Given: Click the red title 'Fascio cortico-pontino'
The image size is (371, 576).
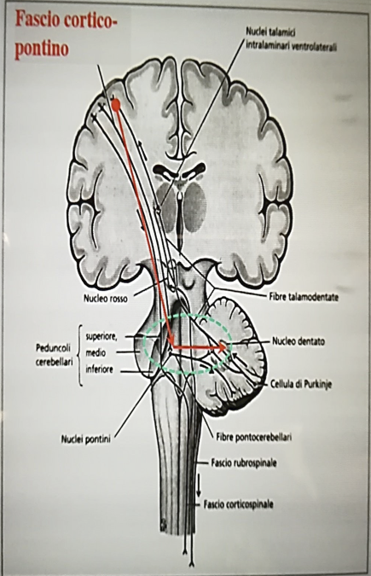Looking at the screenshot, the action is click(x=66, y=35).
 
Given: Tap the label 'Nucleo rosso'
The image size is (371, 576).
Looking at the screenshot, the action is click(x=106, y=299).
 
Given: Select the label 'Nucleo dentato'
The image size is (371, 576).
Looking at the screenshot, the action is click(x=299, y=341).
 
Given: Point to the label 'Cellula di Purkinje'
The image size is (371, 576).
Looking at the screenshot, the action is click(x=301, y=385).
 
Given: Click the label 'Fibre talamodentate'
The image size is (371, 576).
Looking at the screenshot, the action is click(x=304, y=297).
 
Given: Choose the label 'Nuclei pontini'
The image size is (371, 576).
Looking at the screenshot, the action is click(x=86, y=439).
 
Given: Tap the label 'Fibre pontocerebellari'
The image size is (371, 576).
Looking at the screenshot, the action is click(x=254, y=437).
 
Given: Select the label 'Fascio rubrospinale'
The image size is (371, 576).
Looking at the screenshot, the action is click(x=244, y=463).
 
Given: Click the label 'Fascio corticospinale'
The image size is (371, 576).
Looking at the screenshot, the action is click(x=239, y=504).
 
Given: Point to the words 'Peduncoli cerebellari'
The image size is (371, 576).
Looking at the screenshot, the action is click(x=54, y=354).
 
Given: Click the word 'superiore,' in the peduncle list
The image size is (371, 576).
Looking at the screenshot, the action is click(x=101, y=337).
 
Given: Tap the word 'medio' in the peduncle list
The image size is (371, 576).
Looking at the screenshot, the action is click(x=96, y=352).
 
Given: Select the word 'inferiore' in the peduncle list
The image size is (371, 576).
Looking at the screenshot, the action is click(x=100, y=369).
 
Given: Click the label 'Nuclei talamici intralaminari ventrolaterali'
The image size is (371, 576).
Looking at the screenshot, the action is click(x=291, y=39).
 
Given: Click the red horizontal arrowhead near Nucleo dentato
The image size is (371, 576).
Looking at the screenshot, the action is click(x=222, y=346).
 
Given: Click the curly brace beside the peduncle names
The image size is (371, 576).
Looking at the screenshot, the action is click(x=79, y=355).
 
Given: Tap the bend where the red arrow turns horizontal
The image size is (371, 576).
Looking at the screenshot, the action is click(x=172, y=346).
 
